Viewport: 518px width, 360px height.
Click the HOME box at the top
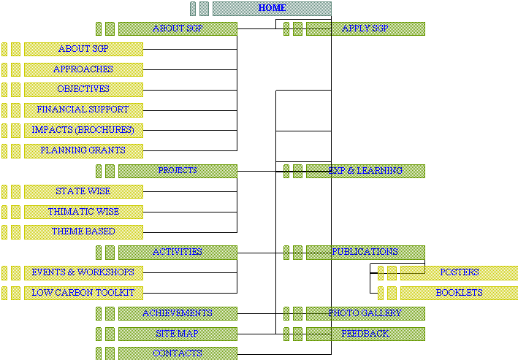272,9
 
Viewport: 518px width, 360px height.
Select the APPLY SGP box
365,29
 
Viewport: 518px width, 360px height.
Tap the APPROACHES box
83,69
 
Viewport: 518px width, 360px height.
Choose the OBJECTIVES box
83,89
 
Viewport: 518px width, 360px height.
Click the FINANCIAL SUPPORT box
83,110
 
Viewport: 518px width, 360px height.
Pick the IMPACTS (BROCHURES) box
83,130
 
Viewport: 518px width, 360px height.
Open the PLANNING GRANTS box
83,150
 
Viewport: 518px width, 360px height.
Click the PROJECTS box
178,171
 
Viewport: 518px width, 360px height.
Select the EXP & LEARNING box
365,171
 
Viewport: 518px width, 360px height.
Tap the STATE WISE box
83,191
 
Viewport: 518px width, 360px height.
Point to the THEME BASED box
83,231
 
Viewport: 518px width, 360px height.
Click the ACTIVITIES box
178,253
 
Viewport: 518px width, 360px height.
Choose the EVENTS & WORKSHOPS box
83,272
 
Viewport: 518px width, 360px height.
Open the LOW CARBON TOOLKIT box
83,293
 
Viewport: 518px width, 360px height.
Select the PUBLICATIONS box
365,253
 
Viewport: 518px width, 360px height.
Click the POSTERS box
459,272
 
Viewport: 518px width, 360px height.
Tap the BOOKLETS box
459,293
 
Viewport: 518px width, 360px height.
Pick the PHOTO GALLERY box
365,313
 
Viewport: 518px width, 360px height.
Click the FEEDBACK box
365,334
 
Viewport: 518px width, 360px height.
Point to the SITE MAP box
178,334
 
